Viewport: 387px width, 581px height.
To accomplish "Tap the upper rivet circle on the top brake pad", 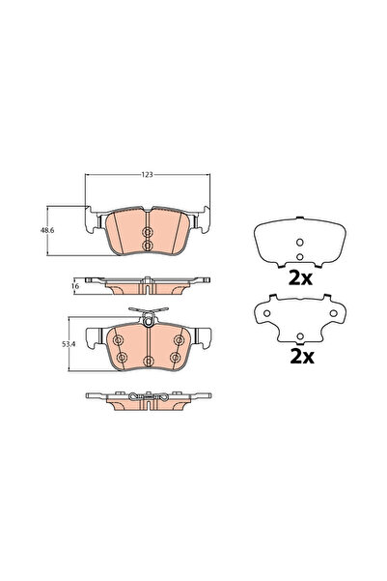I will [147, 234].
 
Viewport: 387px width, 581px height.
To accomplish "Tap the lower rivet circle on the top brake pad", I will [147, 247].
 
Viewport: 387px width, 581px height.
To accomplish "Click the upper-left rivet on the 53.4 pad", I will [118, 340].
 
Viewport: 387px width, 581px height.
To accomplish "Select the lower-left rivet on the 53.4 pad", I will [121, 358].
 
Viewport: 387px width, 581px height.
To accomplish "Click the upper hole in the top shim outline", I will [298, 242].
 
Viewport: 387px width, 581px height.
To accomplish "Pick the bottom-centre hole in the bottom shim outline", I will [298, 337].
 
